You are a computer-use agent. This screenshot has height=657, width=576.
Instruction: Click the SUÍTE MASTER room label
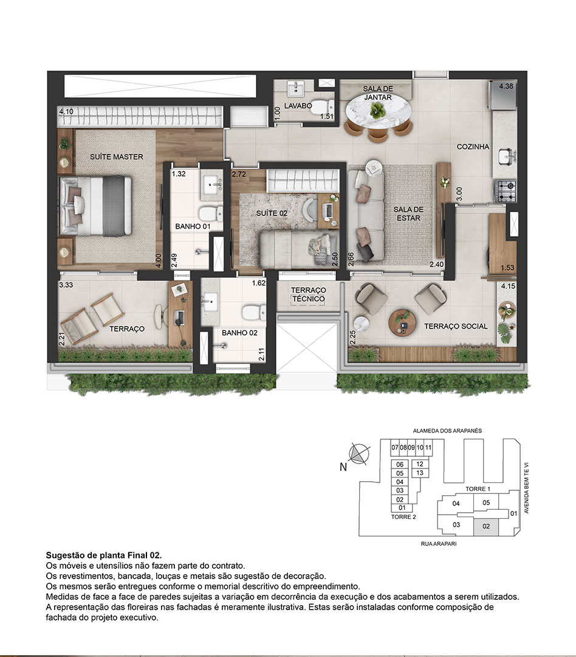point(117,157)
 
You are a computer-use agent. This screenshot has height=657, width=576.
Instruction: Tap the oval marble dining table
point(378,112)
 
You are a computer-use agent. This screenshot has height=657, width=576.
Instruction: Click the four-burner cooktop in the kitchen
point(506,191)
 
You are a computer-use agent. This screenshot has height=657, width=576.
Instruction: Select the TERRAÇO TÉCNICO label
point(309,295)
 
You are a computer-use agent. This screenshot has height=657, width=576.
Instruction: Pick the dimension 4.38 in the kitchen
point(506,87)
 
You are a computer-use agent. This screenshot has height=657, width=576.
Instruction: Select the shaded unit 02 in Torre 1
point(486,526)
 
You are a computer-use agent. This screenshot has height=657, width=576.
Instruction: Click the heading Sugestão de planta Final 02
point(104,555)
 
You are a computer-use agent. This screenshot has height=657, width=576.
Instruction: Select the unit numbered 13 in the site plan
point(420,473)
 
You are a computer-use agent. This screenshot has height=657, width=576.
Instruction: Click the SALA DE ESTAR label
point(408,214)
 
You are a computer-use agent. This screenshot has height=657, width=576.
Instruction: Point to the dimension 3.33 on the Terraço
point(66,284)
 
